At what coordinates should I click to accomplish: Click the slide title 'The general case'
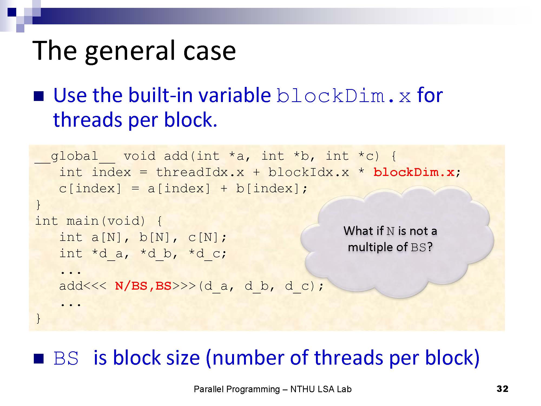[x=134, y=51]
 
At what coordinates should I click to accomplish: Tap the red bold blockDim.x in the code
[x=414, y=172]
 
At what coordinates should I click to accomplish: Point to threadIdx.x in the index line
[x=200, y=172]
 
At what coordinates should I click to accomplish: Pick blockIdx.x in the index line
[x=309, y=172]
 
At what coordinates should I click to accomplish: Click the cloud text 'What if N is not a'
[x=390, y=231]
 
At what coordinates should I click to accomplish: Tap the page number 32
[x=502, y=389]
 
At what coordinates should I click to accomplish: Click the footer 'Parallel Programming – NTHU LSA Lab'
[x=273, y=389]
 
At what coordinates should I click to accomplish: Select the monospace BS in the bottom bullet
[x=66, y=358]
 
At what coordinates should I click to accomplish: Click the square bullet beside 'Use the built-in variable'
[x=39, y=96]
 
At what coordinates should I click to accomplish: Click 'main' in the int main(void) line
[x=83, y=221]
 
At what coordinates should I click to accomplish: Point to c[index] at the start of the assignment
[x=90, y=189]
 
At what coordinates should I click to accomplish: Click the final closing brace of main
[x=38, y=319]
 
